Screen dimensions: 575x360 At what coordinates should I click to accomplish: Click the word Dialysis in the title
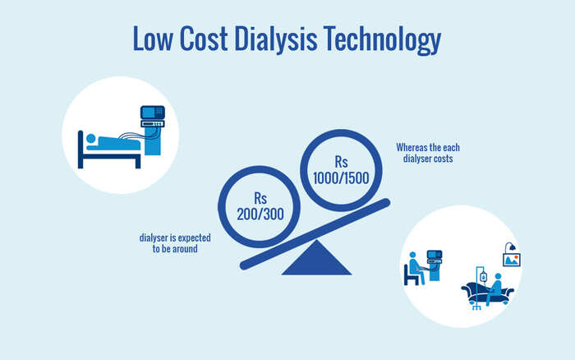pos(275,39)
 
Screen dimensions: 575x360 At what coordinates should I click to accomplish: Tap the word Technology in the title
pos(382,39)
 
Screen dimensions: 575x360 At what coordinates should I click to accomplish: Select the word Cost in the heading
pos(204,39)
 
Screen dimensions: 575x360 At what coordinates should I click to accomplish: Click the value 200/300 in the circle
pos(260,215)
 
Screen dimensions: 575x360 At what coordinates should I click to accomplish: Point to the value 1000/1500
pos(341,178)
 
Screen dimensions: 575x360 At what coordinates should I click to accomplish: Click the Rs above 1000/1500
pos(341,161)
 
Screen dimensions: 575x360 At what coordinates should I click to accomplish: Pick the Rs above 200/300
pos(260,198)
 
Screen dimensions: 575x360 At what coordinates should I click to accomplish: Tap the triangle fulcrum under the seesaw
pos(316,258)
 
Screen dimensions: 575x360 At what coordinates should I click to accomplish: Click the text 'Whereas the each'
pos(428,147)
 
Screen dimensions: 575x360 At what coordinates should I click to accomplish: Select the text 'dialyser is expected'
pos(175,238)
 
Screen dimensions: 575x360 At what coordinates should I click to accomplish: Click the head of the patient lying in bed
pos(91,139)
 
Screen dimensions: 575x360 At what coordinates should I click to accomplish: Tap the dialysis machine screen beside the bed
pos(152,113)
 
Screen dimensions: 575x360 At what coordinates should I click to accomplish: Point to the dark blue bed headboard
pos(80,150)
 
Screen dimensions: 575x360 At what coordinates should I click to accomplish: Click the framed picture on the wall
pos(512,260)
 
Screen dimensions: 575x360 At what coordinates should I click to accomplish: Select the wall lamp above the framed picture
pos(510,247)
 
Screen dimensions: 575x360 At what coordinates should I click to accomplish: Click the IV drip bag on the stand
pos(483,277)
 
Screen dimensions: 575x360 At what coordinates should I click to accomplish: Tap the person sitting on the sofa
pos(494,288)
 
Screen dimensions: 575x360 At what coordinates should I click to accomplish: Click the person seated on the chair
pos(416,267)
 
